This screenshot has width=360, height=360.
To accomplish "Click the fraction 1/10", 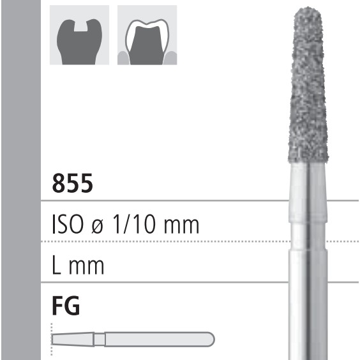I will point(137,225).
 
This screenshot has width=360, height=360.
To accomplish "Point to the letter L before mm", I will point(56,265).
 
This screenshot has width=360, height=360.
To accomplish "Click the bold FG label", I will point(66,307).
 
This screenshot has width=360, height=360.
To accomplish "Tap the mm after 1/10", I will point(181,225).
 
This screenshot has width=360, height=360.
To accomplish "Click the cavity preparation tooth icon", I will point(79,36).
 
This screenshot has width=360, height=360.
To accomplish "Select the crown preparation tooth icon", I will point(147,36).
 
